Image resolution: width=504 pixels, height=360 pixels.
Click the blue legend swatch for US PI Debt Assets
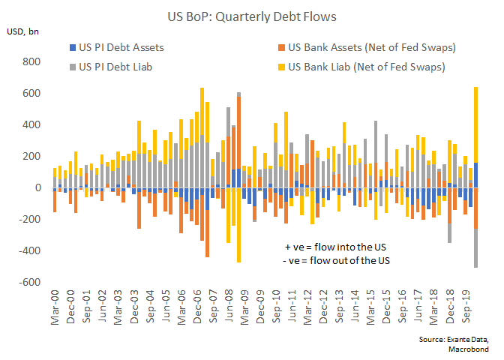coord(71,48)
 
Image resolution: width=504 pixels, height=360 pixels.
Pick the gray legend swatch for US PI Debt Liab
coord(71,67)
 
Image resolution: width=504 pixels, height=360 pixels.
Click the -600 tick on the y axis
coord(31,282)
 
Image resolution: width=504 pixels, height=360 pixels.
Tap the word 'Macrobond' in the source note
coord(474,349)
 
